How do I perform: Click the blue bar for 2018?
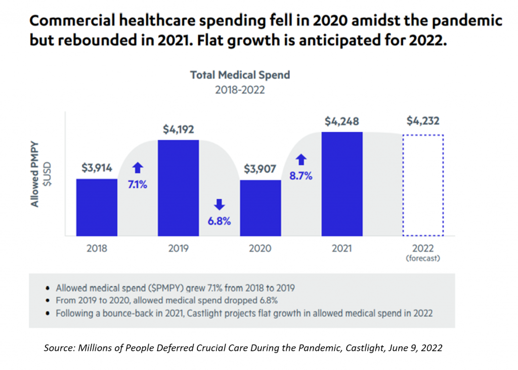pyautogui.click(x=97, y=207)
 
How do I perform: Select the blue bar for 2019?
pyautogui.click(x=178, y=188)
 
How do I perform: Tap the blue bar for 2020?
pyautogui.click(x=260, y=208)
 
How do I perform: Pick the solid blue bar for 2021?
pyautogui.click(x=341, y=183)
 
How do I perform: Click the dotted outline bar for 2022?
pyautogui.click(x=423, y=185)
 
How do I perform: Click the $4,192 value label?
pyautogui.click(x=178, y=130)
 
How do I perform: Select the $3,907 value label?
pyautogui.click(x=260, y=169)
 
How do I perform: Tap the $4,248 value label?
pyautogui.click(x=341, y=121)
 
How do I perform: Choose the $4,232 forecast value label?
pyautogui.click(x=423, y=121)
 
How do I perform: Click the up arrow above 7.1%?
pyautogui.click(x=138, y=168)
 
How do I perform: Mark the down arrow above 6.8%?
pyautogui.click(x=220, y=204)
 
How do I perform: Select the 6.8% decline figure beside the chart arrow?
pyautogui.click(x=219, y=221)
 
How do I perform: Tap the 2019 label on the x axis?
pyautogui.click(x=178, y=248)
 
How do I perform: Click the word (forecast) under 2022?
pyautogui.click(x=423, y=258)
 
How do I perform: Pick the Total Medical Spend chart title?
pyautogui.click(x=240, y=75)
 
